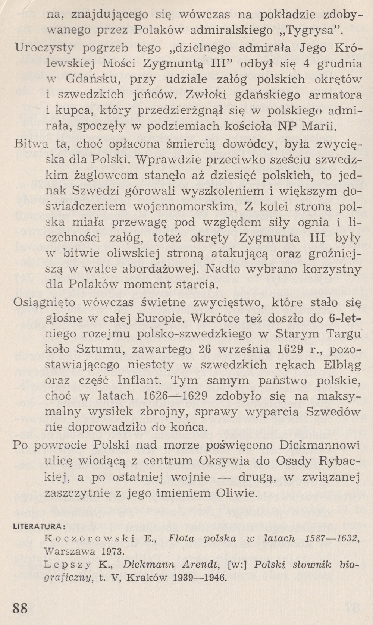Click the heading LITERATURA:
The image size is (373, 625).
[39, 527]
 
